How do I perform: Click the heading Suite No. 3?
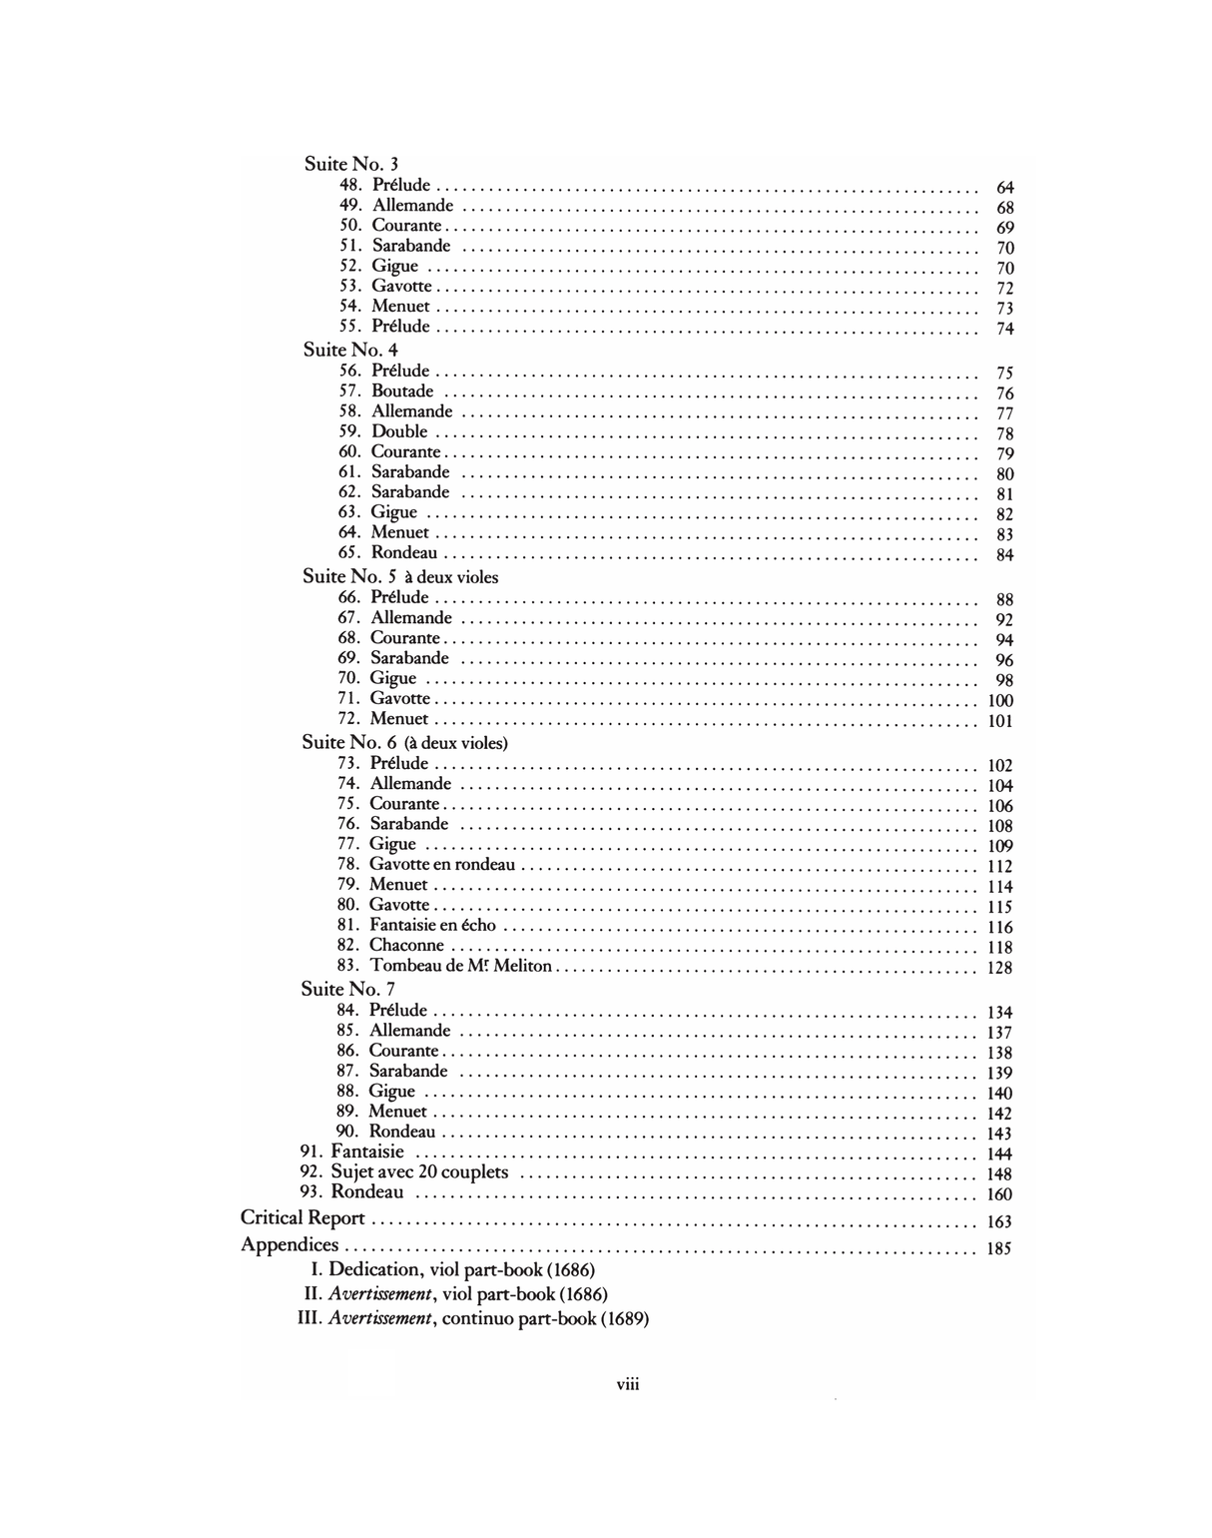[x=351, y=164]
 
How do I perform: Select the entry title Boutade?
[x=402, y=391]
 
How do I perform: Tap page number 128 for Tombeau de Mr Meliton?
[x=998, y=968]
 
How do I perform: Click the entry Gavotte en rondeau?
[x=442, y=864]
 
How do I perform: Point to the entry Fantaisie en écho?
[x=432, y=925]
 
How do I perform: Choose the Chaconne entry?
[x=406, y=945]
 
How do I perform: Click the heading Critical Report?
[x=303, y=1218]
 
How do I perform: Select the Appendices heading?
[x=290, y=1245]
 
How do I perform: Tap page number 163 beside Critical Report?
[x=998, y=1221]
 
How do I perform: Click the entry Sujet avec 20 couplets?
[x=419, y=1172]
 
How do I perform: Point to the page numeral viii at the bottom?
[x=627, y=1384]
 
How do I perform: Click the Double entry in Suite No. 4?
[x=399, y=431]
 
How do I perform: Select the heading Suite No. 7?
[x=348, y=989]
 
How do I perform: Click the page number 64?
[x=1004, y=188]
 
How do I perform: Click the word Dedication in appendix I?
[x=373, y=1269]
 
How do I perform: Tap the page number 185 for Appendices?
[x=998, y=1248]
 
